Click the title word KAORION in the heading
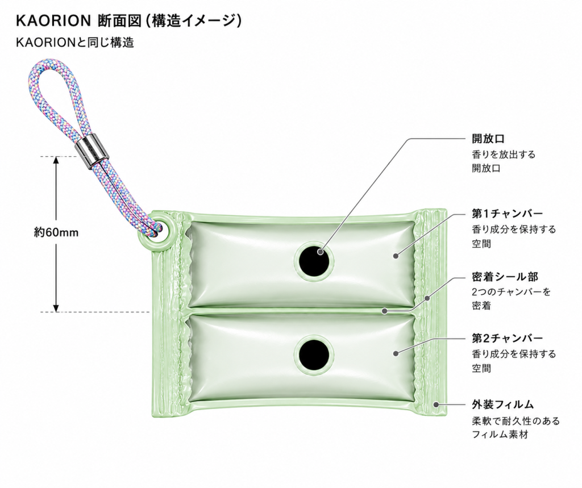tap(53, 21)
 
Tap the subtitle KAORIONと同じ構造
tap(74, 42)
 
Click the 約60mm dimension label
tap(56, 232)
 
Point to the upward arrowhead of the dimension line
tap(56, 160)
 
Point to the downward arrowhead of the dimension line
tap(56, 308)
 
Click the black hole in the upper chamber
tap(314, 260)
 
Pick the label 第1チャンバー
tap(508, 214)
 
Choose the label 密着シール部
tap(505, 277)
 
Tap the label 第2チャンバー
tap(508, 338)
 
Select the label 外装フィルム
tap(503, 404)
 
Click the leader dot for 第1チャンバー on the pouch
tap(396, 256)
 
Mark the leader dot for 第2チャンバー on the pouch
tap(396, 354)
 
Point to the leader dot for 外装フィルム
tap(436, 404)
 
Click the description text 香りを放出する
tap(504, 154)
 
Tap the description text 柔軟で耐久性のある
tap(516, 421)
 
